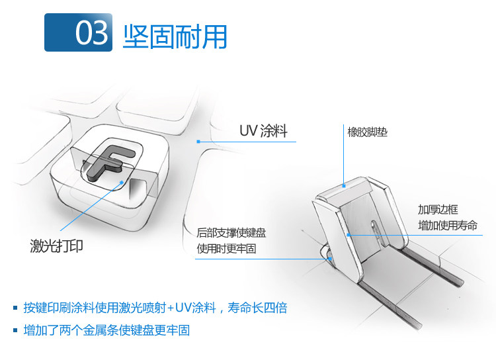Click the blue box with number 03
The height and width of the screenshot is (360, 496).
78,32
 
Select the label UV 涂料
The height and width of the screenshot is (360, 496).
263,131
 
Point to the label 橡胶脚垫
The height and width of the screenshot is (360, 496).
367,132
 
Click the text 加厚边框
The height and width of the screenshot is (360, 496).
438,210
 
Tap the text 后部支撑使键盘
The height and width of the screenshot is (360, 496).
231,233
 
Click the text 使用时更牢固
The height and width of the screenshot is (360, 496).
226,249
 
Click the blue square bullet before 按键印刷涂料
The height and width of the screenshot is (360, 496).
15,308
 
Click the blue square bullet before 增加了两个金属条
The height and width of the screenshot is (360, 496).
15,330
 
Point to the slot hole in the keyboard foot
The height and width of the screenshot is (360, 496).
375,228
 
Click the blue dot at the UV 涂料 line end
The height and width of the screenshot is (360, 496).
199,141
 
